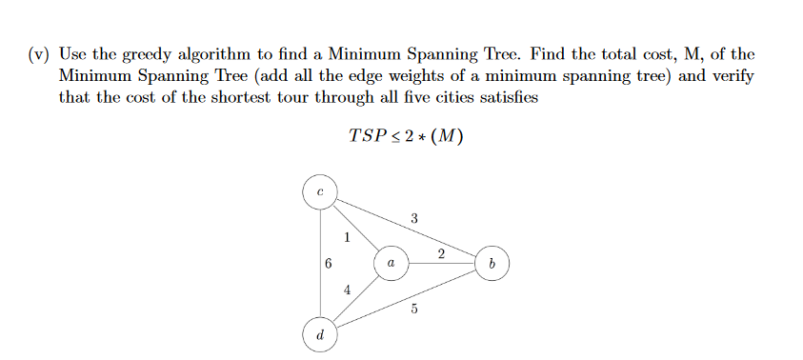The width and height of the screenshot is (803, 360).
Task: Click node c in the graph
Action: (x=319, y=191)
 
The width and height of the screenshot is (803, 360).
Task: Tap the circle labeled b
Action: (x=491, y=262)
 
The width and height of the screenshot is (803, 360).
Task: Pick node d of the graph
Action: (x=319, y=335)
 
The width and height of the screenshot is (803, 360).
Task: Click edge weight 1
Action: (x=348, y=236)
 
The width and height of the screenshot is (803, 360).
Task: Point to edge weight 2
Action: (x=441, y=252)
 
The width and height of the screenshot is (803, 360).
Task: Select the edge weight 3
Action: (x=413, y=219)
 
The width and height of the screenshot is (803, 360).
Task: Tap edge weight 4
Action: (x=348, y=289)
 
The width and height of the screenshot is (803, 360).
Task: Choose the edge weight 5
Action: (x=413, y=308)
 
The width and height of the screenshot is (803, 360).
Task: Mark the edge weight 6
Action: (x=328, y=264)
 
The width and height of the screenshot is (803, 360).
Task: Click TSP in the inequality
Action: (x=366, y=136)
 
